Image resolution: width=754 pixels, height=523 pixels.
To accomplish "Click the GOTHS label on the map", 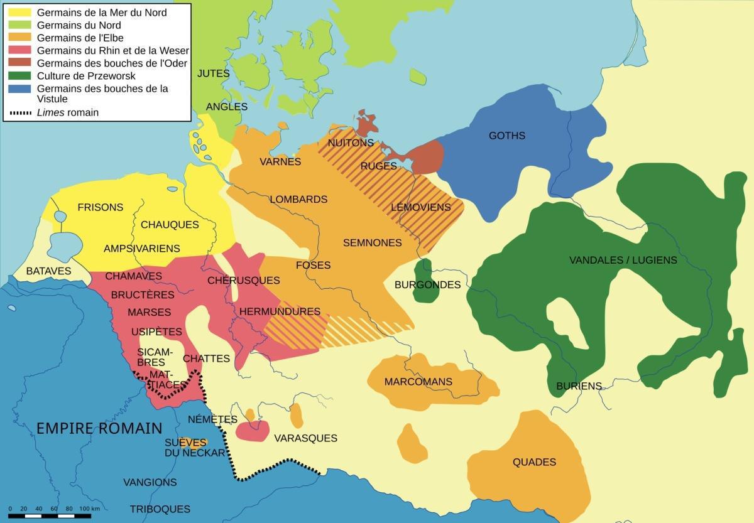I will pyautogui.click(x=506, y=136).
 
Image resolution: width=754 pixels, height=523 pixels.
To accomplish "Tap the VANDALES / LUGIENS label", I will pyautogui.click(x=623, y=260).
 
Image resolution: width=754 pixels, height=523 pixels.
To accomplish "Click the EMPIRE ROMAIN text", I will pyautogui.click(x=99, y=429).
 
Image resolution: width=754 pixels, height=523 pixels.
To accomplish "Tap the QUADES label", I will pyautogui.click(x=534, y=462).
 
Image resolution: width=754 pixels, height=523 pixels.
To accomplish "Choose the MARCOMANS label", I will pyautogui.click(x=418, y=382).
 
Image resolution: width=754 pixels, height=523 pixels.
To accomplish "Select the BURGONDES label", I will pyautogui.click(x=427, y=285).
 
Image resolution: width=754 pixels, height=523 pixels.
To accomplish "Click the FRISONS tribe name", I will pyautogui.click(x=100, y=207).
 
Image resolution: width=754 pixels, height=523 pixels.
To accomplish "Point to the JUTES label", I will pyautogui.click(x=214, y=73).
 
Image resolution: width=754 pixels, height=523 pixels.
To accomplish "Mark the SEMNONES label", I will pyautogui.click(x=372, y=242).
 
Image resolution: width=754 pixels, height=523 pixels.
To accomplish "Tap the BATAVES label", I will pyautogui.click(x=49, y=271).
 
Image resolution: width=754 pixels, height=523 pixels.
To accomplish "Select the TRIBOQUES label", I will pyautogui.click(x=160, y=509).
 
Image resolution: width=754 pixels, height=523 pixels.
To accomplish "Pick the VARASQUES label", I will pyautogui.click(x=305, y=438).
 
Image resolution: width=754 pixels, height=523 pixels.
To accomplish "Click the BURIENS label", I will pyautogui.click(x=579, y=386).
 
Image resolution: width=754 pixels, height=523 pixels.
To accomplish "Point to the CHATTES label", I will pyautogui.click(x=206, y=359).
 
